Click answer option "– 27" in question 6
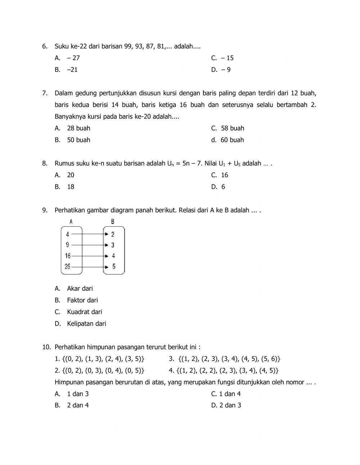point(73,58)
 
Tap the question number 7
point(45,93)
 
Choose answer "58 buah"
point(232,128)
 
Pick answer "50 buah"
point(78,140)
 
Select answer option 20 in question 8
point(71,175)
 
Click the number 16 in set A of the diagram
point(68,256)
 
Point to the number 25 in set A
point(68,267)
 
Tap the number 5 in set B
point(114,267)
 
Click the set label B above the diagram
point(112,222)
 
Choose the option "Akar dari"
point(80,289)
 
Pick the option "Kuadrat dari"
point(84,312)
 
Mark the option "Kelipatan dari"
point(86,324)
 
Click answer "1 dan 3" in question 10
point(77,394)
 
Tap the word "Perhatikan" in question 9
point(70,210)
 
